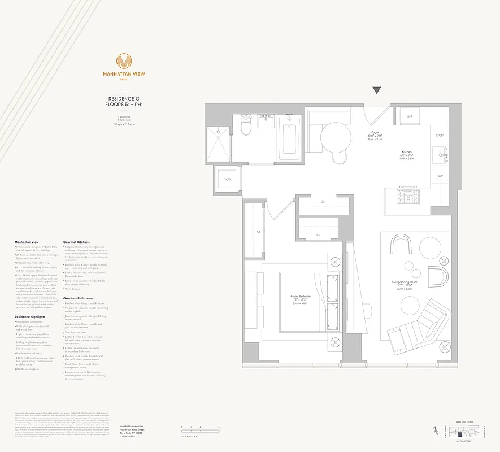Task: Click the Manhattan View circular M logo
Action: point(124,61)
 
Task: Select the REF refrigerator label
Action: point(410,116)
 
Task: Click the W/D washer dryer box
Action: point(228,180)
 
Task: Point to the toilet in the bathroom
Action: point(246,125)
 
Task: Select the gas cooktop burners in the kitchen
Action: point(407,197)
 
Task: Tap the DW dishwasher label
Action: point(440,176)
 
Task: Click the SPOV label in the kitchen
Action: point(440,136)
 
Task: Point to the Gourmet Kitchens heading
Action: point(77,242)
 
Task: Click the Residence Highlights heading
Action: point(28,317)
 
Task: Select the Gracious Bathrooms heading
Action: point(79,298)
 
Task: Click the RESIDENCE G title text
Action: point(124,99)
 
